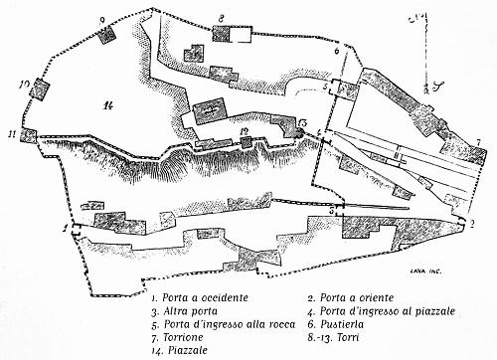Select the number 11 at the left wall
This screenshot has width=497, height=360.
(12, 131)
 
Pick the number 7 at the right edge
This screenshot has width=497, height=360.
(479, 143)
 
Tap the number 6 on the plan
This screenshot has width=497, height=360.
(337, 48)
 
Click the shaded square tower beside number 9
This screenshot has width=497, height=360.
(106, 33)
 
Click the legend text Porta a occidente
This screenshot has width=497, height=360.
(197, 296)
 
